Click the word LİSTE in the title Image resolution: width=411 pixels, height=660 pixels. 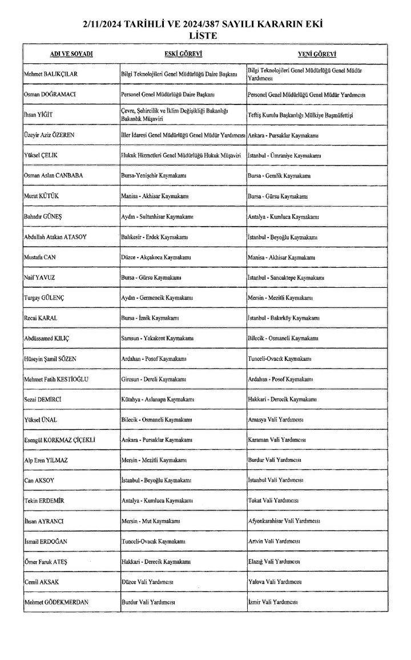pos(205,36)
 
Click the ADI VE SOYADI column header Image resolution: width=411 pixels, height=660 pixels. pos(71,54)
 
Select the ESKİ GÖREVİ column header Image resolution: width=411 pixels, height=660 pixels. pos(183,54)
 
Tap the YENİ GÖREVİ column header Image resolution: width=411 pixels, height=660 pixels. pos(317,54)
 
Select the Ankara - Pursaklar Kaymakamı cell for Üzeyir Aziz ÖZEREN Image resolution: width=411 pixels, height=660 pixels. pos(283,135)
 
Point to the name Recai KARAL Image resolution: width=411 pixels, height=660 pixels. pos(41,317)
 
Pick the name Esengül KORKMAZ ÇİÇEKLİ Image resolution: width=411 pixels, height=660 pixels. pos(60,440)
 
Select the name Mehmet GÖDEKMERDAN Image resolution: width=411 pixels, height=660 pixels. pos(57,602)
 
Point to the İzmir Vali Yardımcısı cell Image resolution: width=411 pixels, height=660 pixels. pos(273,602)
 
